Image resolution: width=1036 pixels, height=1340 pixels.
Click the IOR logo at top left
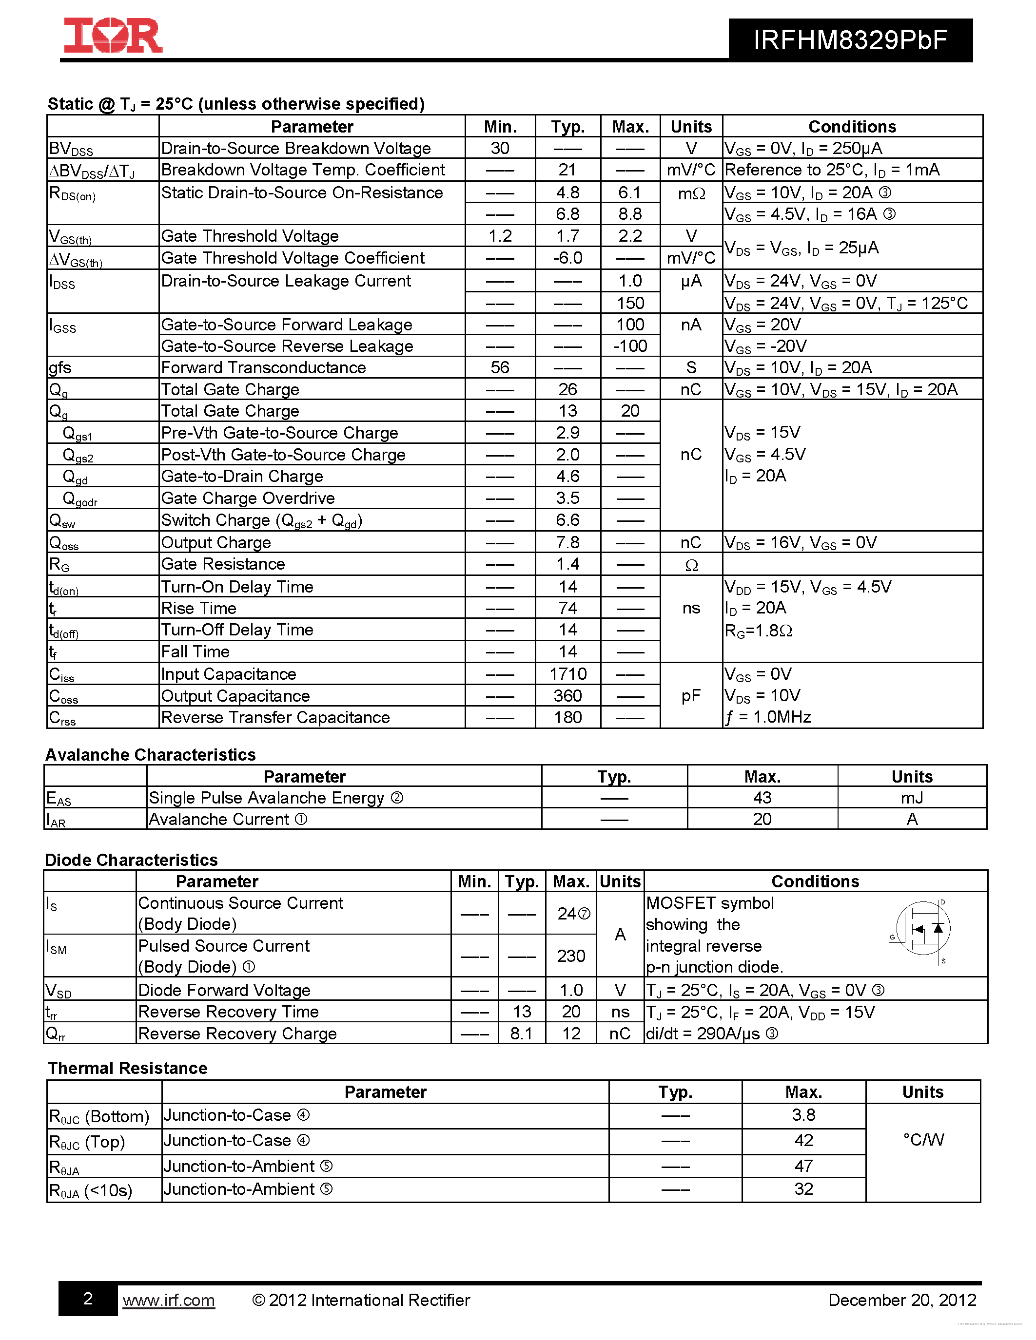pyautogui.click(x=113, y=36)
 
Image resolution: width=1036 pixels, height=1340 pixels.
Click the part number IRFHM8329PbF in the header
pyautogui.click(x=850, y=40)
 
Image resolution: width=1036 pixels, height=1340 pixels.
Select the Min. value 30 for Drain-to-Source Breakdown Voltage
pyautogui.click(x=500, y=149)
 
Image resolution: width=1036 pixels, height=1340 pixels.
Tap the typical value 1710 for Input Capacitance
pyautogui.click(x=567, y=674)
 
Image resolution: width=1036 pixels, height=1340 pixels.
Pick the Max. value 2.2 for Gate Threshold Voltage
pyautogui.click(x=630, y=236)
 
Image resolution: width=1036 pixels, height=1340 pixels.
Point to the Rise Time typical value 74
pyautogui.click(x=567, y=608)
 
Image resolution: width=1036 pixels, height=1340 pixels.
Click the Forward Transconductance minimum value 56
pyautogui.click(x=500, y=367)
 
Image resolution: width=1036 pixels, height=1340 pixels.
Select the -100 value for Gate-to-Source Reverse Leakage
pyautogui.click(x=630, y=346)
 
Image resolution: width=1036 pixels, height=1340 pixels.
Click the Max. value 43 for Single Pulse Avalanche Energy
pyautogui.click(x=762, y=798)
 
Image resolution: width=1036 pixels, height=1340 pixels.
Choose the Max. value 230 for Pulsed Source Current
pyautogui.click(x=571, y=956)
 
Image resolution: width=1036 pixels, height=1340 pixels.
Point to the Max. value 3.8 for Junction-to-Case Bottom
pyautogui.click(x=803, y=1115)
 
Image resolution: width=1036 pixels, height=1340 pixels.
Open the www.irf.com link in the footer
pyautogui.click(x=168, y=1300)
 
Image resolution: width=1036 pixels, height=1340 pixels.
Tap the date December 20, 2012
pyautogui.click(x=901, y=1300)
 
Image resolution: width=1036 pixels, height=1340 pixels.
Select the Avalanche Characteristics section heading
pyautogui.click(x=150, y=755)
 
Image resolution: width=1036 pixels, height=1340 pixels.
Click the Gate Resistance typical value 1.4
pyautogui.click(x=567, y=564)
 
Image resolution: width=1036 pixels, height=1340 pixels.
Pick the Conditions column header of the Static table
pyautogui.click(x=852, y=126)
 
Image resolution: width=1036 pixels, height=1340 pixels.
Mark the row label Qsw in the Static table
pyautogui.click(x=62, y=521)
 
